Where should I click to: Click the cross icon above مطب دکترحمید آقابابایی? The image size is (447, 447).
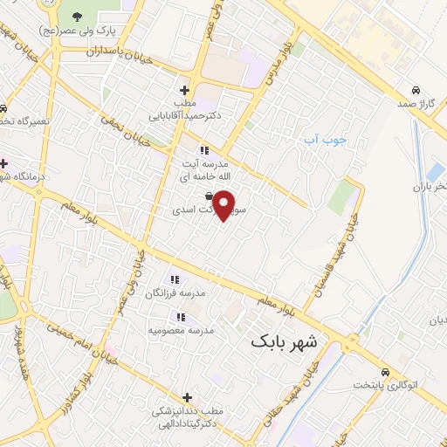[x=183, y=90]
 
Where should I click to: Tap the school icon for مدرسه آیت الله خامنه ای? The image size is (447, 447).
[x=203, y=148]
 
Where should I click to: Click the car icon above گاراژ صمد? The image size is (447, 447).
[x=416, y=90]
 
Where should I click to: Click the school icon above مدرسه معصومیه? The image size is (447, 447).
[x=181, y=317]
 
